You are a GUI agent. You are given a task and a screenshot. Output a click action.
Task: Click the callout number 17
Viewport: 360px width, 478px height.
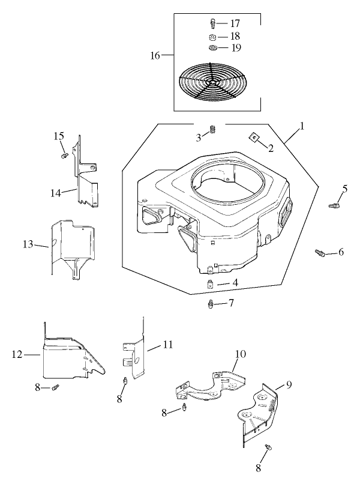[x=235, y=23]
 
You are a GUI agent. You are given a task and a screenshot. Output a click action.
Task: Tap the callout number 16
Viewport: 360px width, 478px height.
[x=155, y=55]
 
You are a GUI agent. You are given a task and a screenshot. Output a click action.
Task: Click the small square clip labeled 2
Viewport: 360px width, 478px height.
[x=254, y=139]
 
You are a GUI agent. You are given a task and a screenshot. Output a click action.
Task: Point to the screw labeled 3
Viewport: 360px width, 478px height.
[x=212, y=129]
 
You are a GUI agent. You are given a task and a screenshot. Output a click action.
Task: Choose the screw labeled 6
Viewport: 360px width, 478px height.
[x=320, y=253]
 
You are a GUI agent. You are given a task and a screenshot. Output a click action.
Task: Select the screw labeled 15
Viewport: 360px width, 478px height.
[x=63, y=156]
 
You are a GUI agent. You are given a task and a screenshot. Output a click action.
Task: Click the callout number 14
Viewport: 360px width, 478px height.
[x=55, y=193]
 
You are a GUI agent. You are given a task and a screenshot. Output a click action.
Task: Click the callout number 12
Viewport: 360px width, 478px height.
[x=17, y=355]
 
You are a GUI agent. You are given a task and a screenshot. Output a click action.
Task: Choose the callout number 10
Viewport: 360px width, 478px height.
[x=240, y=355]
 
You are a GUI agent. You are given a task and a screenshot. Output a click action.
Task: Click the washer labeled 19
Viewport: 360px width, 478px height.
[x=212, y=48]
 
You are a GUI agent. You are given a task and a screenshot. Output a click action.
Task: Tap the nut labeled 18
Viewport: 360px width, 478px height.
[x=212, y=36]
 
